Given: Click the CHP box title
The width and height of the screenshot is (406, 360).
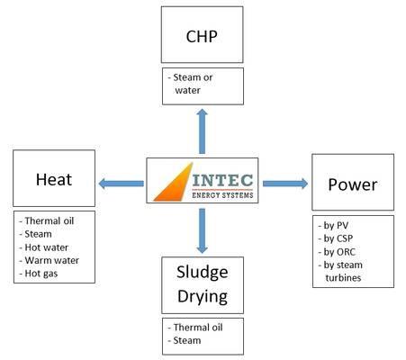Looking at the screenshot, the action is (202, 36).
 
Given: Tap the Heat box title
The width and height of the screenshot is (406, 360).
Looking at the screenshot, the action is (54, 180).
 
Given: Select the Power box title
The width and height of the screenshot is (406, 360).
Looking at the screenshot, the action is (353, 184).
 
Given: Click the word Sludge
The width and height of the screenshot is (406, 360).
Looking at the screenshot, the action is (203, 273).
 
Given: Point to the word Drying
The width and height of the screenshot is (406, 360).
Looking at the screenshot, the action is (203, 297).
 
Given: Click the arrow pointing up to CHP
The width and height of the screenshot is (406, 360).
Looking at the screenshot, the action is (203, 131).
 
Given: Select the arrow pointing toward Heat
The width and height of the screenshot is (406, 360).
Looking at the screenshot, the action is (121, 184).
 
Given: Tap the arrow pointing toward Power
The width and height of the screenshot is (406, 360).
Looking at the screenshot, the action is (285, 184).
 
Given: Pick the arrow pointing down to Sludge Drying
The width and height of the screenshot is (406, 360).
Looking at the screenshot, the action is (203, 230).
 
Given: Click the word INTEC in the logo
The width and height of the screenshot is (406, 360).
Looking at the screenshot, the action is (222, 180).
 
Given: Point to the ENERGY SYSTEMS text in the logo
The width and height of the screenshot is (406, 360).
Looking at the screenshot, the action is (222, 195).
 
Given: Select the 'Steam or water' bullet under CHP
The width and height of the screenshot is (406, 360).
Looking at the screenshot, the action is (190, 84).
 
